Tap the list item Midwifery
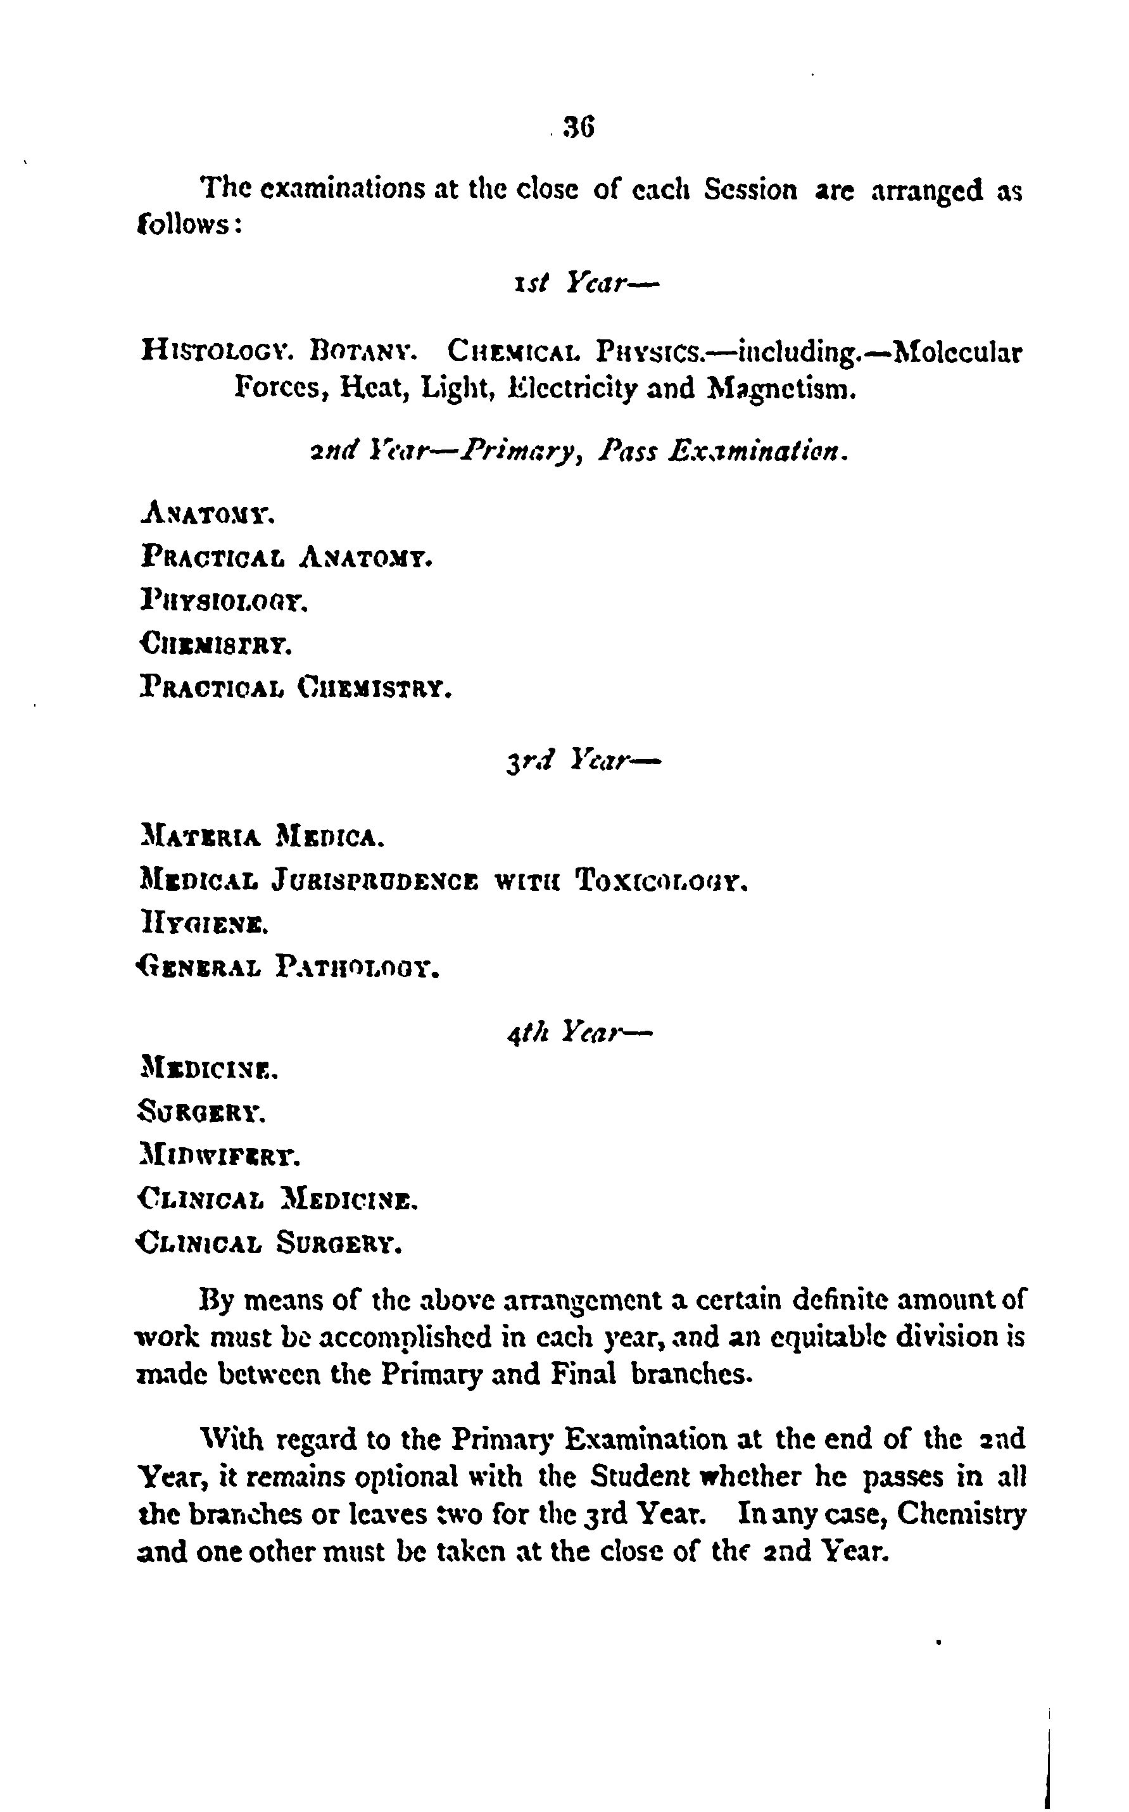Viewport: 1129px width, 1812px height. pos(220,1157)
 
